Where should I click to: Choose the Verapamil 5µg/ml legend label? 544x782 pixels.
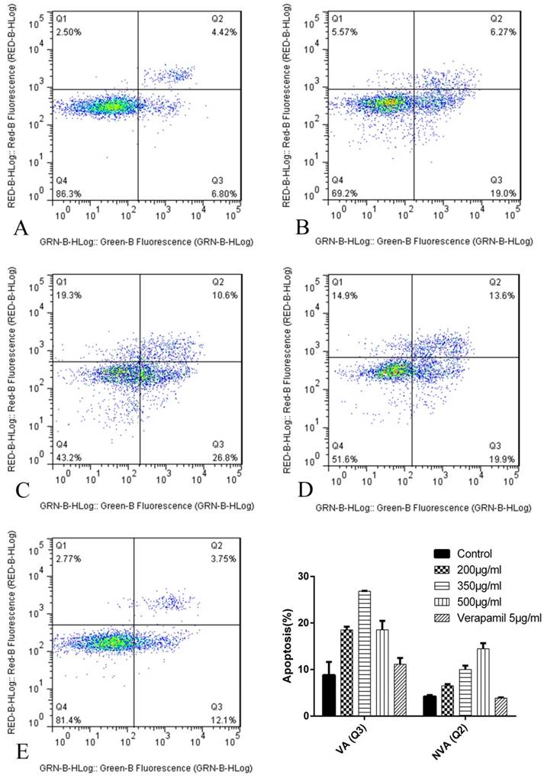pos(499,618)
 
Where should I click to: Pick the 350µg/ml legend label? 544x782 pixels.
pos(484,586)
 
